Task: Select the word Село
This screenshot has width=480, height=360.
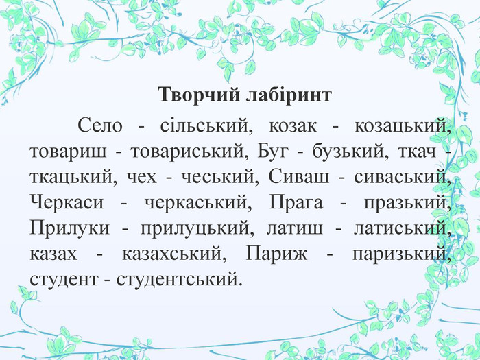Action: (x=100, y=125)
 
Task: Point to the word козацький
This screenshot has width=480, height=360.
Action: (x=403, y=125)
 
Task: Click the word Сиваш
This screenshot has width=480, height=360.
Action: (x=299, y=176)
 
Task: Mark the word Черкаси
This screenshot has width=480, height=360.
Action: (x=67, y=202)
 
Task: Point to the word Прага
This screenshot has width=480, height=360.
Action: (x=296, y=203)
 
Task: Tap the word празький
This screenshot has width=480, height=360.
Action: (x=408, y=203)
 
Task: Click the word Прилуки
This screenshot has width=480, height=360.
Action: (x=69, y=228)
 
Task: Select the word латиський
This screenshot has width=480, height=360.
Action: (x=403, y=228)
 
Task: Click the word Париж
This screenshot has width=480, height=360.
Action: (x=277, y=254)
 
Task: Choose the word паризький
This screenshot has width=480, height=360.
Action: (x=402, y=254)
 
